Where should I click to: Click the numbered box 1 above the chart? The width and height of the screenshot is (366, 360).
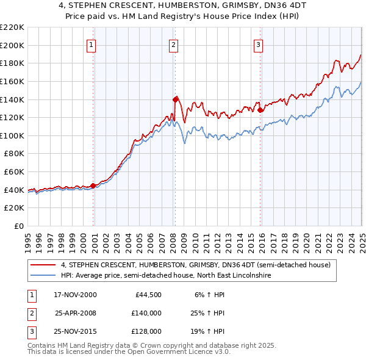point(91,45)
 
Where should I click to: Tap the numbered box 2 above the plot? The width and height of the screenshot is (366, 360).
point(173,45)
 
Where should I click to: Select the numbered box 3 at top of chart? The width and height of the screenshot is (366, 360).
point(259,45)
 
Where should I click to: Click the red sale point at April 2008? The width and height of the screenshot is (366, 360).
point(176,99)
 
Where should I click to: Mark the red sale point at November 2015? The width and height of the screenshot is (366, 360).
point(260,110)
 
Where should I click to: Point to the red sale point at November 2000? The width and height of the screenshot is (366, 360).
point(93,185)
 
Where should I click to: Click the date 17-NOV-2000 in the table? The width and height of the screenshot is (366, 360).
point(76,295)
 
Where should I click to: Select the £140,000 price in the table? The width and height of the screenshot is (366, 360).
point(146,313)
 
